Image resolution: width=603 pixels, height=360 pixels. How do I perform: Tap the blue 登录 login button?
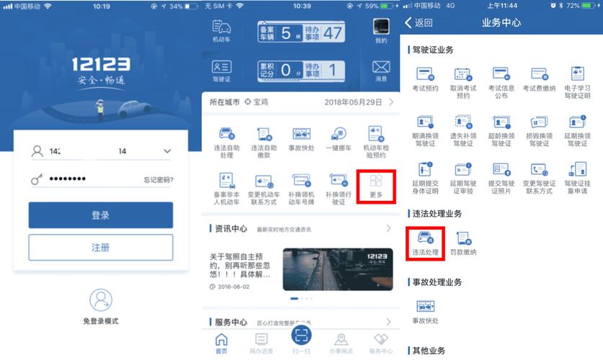101,215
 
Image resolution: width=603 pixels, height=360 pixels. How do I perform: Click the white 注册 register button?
101,248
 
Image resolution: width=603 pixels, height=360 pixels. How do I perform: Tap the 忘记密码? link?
158,180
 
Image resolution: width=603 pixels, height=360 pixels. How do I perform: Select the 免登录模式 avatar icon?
101,300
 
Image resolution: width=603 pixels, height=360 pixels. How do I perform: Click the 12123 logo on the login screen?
101,66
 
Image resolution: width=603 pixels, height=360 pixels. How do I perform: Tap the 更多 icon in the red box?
376,181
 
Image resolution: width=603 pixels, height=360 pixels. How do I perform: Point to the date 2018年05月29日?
354,103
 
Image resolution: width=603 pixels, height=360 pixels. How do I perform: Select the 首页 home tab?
221,341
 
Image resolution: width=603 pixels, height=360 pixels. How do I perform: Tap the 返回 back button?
419,23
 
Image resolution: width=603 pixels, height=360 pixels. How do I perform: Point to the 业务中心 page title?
501,23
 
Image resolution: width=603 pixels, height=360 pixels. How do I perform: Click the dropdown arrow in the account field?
167,151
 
